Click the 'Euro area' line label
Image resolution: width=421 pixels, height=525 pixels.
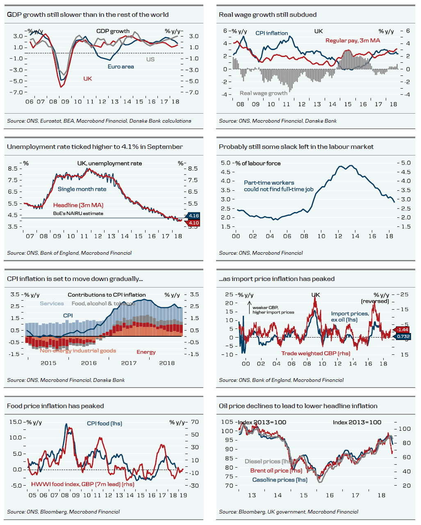click(x=121, y=67)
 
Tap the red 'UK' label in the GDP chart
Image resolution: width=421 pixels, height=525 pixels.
click(x=87, y=79)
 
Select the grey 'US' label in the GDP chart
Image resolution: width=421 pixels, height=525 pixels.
click(x=150, y=59)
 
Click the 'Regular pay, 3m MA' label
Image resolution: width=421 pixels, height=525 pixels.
click(x=353, y=41)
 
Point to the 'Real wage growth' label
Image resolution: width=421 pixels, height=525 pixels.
click(x=263, y=94)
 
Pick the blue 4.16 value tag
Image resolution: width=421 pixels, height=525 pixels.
click(x=193, y=216)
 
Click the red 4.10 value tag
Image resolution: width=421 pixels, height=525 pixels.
click(x=193, y=223)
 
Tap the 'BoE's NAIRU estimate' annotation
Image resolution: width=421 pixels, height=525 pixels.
click(x=78, y=213)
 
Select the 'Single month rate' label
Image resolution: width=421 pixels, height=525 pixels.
click(x=82, y=189)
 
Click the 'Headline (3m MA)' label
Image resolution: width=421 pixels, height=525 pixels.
click(x=78, y=205)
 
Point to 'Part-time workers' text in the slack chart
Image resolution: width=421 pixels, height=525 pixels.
click(x=269, y=183)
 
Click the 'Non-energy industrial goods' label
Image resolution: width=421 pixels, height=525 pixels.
click(x=78, y=351)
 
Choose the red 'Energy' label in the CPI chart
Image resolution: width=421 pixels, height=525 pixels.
click(x=146, y=352)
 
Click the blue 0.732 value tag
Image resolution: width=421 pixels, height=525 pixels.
click(x=403, y=337)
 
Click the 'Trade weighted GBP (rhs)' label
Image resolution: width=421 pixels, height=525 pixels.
click(x=316, y=354)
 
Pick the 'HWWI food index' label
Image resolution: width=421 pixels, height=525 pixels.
click(x=82, y=484)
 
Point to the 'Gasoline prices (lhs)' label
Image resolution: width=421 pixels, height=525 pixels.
click(x=280, y=480)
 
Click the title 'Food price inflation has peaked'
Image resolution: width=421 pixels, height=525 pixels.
click(x=55, y=406)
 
